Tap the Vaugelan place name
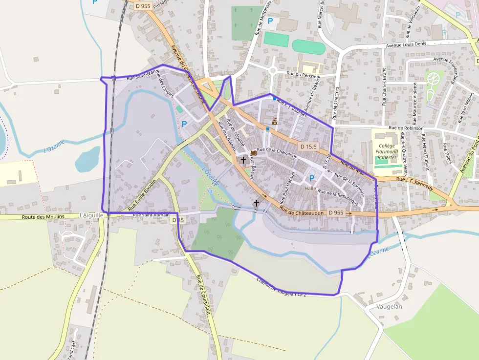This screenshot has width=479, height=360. (x=390, y=306)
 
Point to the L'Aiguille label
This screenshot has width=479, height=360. (x=91, y=215)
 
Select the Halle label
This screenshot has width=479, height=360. (x=310, y=188)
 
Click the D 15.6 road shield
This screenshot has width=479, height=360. (x=308, y=146)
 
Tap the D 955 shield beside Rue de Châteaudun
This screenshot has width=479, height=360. (x=336, y=212)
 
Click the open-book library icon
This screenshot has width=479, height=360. (x=253, y=153)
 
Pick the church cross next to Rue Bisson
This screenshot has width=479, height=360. (x=243, y=160)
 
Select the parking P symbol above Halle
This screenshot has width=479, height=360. (x=311, y=178)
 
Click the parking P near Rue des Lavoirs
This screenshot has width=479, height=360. (x=184, y=124)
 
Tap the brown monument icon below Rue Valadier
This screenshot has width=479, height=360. (x=275, y=121)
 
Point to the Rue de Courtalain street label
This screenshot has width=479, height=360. (x=204, y=295)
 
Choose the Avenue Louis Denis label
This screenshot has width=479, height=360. (x=406, y=44)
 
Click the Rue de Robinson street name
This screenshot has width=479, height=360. (x=406, y=128)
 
